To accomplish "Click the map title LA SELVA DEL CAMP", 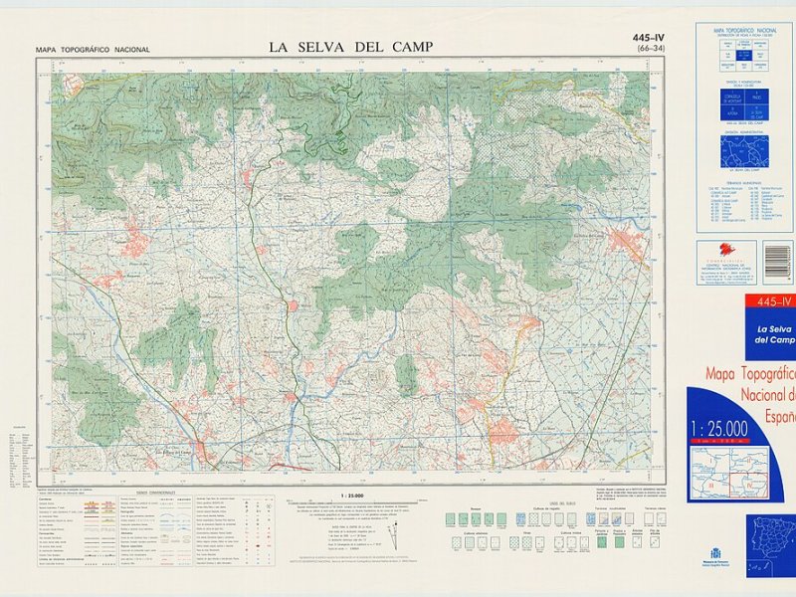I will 351,47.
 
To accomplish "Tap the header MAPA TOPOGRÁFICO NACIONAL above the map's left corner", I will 93,49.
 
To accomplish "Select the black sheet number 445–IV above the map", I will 648,39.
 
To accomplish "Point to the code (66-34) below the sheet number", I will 652,49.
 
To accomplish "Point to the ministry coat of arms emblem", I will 714,552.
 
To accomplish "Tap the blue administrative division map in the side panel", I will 744,151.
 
